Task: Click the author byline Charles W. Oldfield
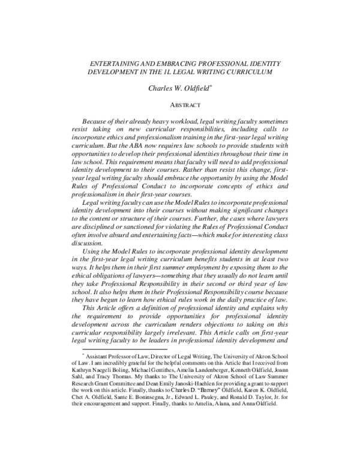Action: (181, 88)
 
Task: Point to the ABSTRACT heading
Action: (181, 104)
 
